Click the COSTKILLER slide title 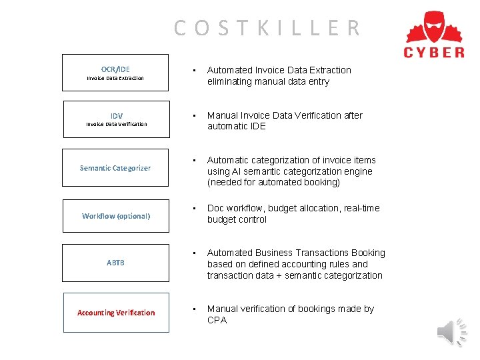(x=267, y=28)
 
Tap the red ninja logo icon (x=434, y=27)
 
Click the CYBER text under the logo (x=434, y=52)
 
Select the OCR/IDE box (x=115, y=73)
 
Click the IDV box (x=116, y=119)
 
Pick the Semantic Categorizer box (x=115, y=167)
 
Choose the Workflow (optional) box (x=116, y=216)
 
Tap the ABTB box (x=115, y=263)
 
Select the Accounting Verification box (x=116, y=313)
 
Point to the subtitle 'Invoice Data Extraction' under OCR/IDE (x=115, y=78)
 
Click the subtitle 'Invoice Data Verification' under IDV (x=116, y=124)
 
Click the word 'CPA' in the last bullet (x=217, y=320)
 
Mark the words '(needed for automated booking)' (x=273, y=183)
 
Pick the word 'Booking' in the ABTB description (x=367, y=253)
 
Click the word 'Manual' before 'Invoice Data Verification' (x=223, y=115)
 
